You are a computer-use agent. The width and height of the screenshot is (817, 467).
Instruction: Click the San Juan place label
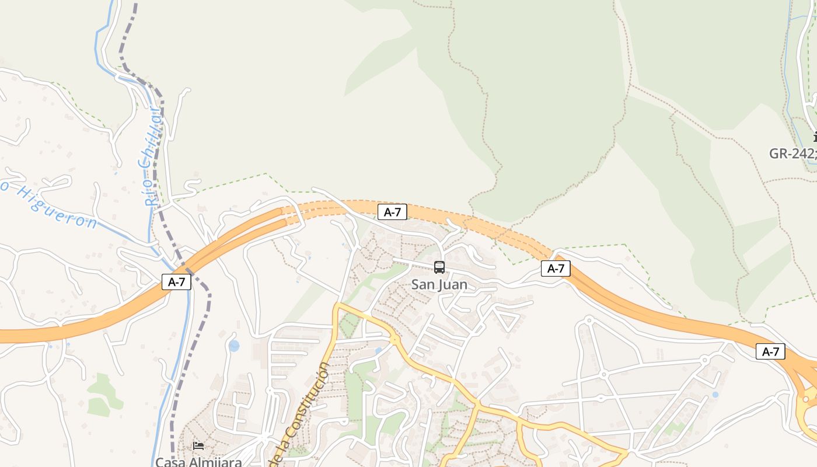pyautogui.click(x=439, y=285)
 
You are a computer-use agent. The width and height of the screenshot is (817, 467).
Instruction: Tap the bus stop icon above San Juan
pyautogui.click(x=439, y=267)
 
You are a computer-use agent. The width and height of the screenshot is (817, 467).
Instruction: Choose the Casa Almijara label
pyautogui.click(x=198, y=462)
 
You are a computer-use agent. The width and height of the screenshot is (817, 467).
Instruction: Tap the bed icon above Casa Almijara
pyautogui.click(x=198, y=446)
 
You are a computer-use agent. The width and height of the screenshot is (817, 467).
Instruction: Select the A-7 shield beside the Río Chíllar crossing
pyautogui.click(x=176, y=282)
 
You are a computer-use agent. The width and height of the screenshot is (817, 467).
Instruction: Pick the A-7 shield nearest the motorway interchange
pyautogui.click(x=770, y=351)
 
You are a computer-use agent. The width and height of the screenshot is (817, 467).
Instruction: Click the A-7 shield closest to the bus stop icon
pyautogui.click(x=392, y=212)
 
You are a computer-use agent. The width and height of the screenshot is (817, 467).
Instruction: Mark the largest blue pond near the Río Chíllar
pyautogui.click(x=234, y=346)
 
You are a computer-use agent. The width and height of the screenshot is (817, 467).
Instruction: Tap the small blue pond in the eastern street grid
pyautogui.click(x=715, y=395)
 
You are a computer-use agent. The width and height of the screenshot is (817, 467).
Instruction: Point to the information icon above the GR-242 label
pyautogui.click(x=815, y=137)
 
